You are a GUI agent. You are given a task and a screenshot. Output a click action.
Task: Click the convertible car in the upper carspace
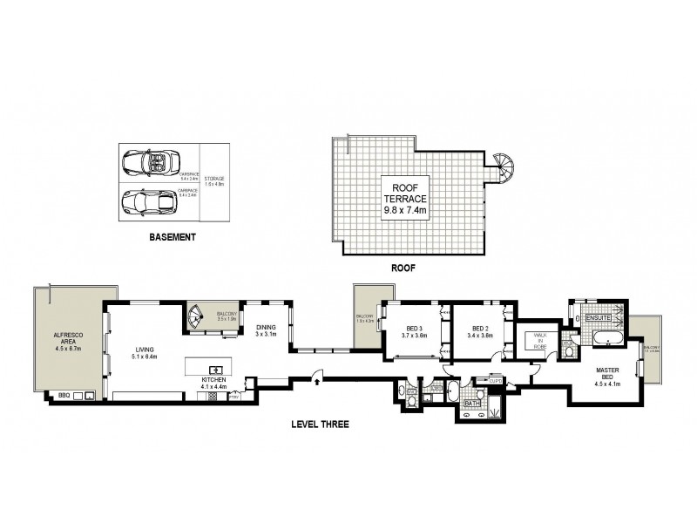(x=146, y=162)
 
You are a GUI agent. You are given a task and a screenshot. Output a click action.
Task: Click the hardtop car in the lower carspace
(x=146, y=200)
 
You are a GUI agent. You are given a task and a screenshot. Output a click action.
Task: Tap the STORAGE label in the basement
(x=214, y=180)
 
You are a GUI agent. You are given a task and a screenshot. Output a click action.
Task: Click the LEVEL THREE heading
(x=320, y=425)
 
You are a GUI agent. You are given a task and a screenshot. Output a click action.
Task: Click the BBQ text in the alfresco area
(x=63, y=394)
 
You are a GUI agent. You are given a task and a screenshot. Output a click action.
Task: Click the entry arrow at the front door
(x=317, y=380)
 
